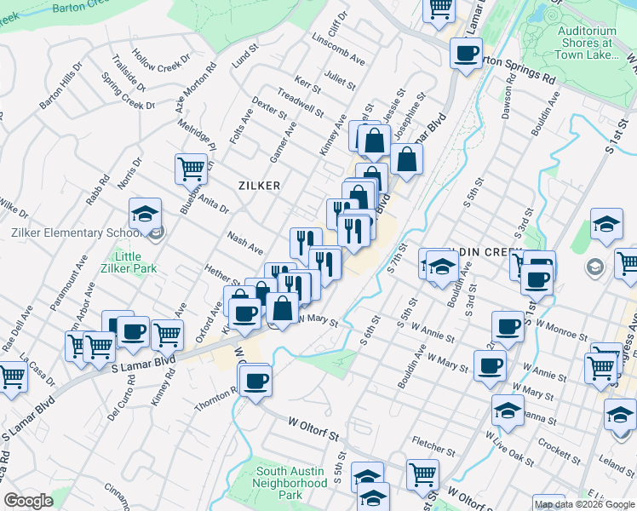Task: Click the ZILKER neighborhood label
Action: coord(260,184)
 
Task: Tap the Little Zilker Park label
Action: coord(129,265)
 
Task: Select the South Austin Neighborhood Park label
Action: coord(291,482)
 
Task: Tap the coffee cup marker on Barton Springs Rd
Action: coord(466,53)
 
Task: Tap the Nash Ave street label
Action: coord(244,244)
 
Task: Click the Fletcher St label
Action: coord(432,444)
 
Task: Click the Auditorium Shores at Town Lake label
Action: coord(586,42)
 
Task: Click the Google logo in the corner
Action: coord(27,502)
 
